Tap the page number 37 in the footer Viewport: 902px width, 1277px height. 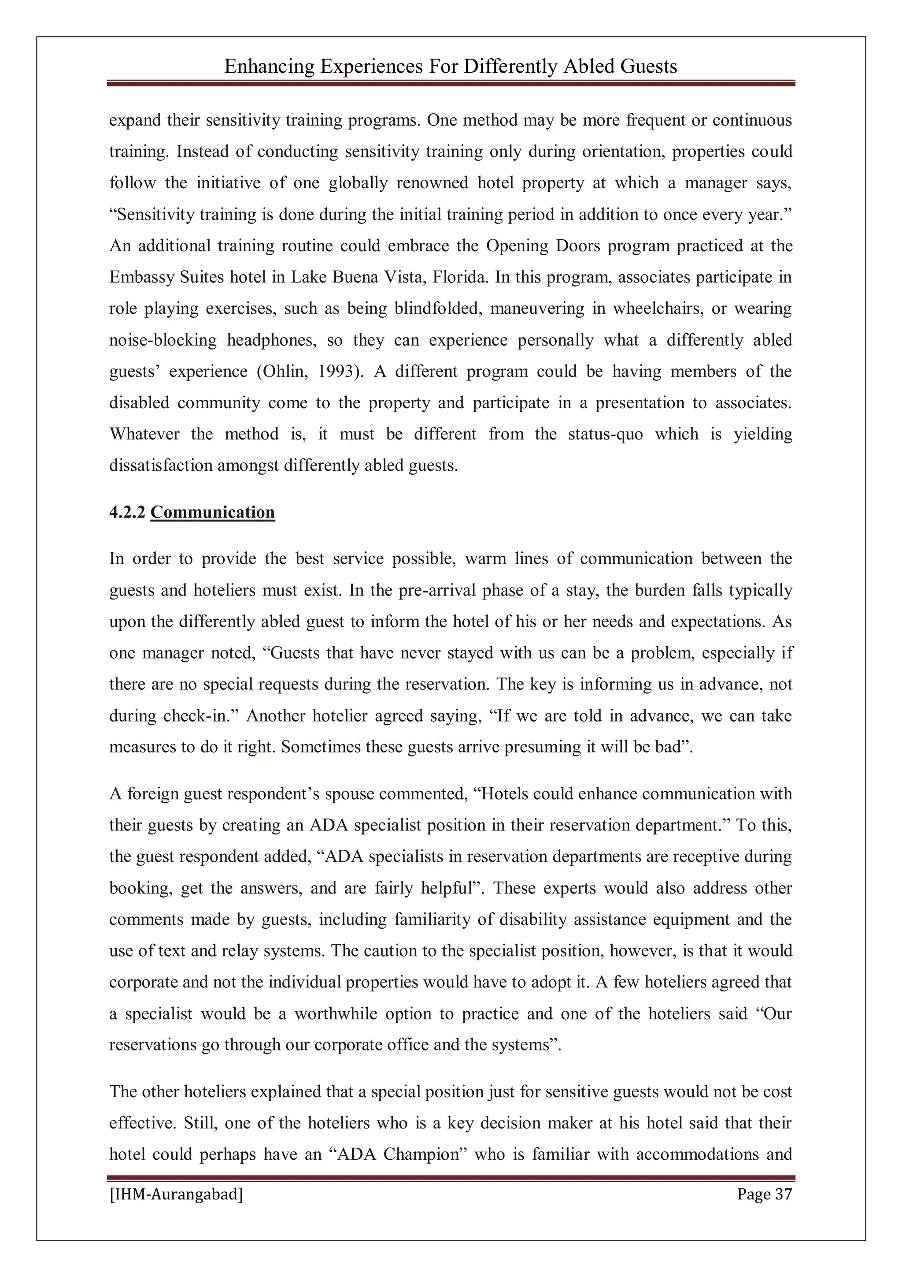click(x=783, y=1194)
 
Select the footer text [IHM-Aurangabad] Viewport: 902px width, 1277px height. click(x=176, y=1194)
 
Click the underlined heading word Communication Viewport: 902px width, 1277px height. click(x=212, y=512)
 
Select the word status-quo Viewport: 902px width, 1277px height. click(x=605, y=434)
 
